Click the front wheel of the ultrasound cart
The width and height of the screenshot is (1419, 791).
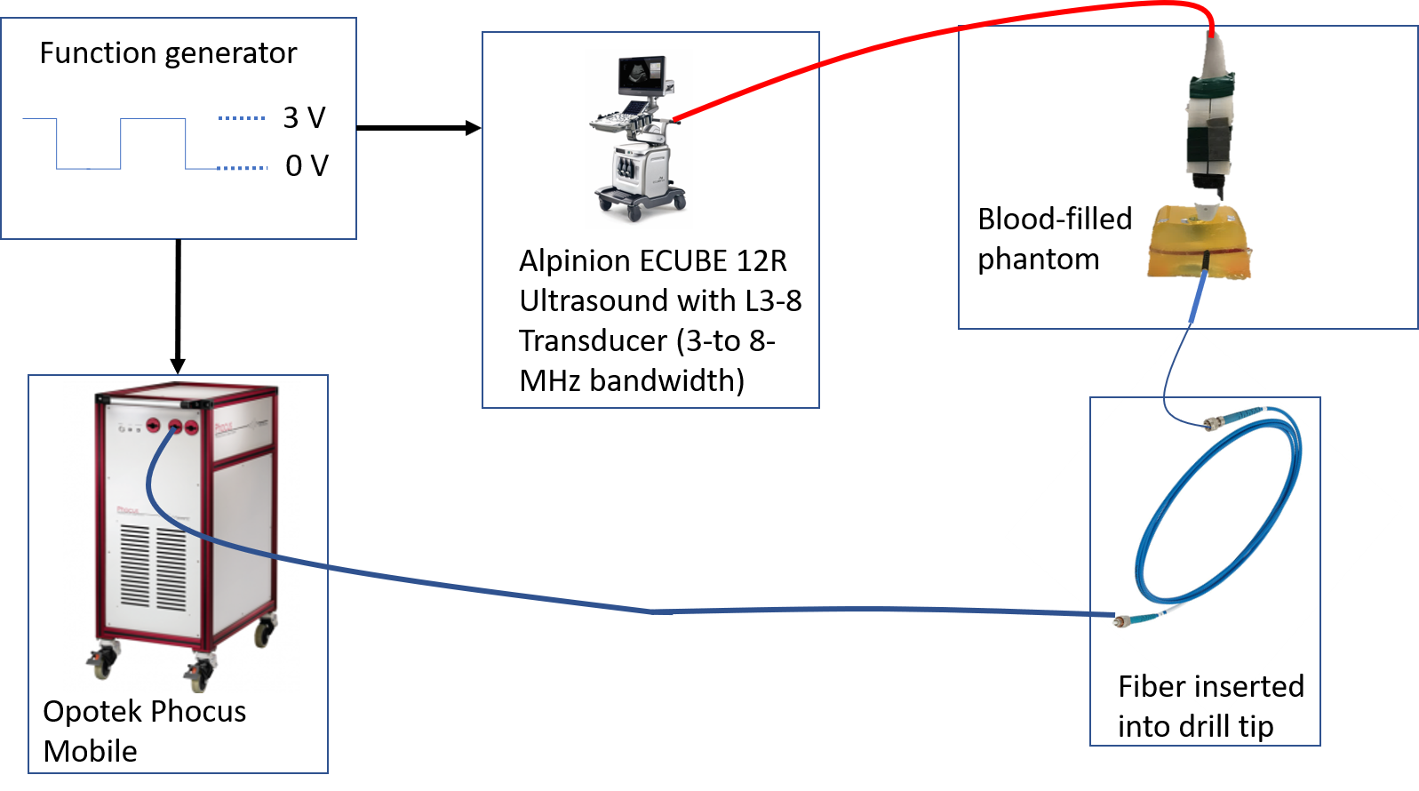coord(635,212)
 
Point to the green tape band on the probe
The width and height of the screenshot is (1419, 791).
coord(1209,86)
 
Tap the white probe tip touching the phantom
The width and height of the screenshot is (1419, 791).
coord(1205,210)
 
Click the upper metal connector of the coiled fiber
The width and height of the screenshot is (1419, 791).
coord(1213,421)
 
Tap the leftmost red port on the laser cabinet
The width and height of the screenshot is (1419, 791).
coord(153,426)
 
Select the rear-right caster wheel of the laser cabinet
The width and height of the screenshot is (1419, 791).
coord(264,632)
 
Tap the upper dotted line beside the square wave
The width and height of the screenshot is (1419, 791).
coord(241,118)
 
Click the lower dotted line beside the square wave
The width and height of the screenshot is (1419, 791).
coord(242,168)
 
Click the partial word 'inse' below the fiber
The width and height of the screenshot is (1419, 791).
coord(1224,687)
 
